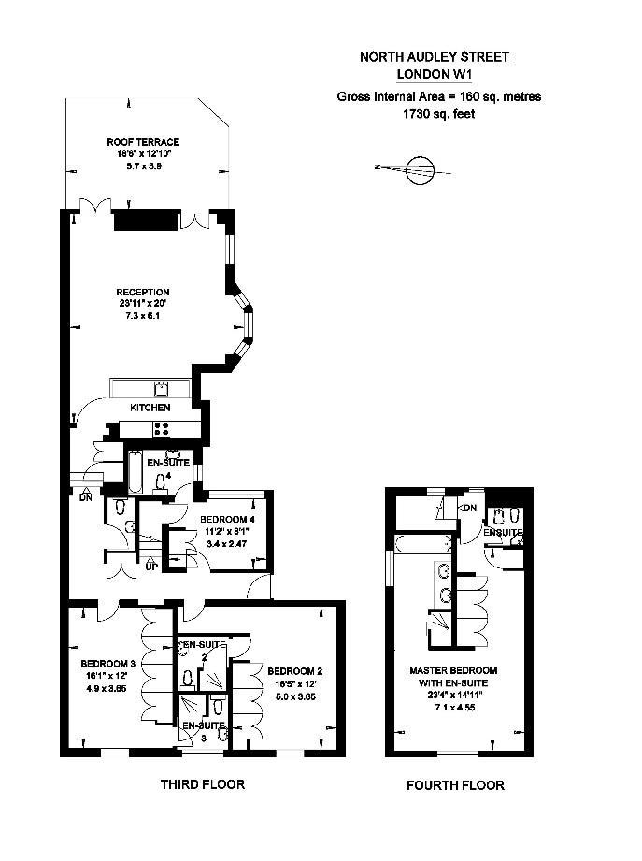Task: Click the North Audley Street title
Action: [434, 57]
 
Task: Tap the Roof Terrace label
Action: [143, 142]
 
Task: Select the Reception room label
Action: [143, 292]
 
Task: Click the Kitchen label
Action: [150, 408]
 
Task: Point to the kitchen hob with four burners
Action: [162, 429]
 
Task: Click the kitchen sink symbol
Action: [161, 388]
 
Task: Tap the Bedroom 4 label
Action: [227, 520]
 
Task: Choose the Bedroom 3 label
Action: [108, 664]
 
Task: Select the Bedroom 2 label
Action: [294, 671]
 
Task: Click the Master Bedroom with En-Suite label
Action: [453, 677]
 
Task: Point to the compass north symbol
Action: [420, 168]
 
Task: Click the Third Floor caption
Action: [203, 784]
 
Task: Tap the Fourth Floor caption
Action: [455, 785]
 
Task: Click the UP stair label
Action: [152, 567]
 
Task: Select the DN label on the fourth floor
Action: [470, 508]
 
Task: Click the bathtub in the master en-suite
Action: [423, 544]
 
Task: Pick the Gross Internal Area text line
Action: [439, 96]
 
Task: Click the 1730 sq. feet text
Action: [439, 114]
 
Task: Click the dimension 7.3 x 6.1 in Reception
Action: [142, 316]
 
